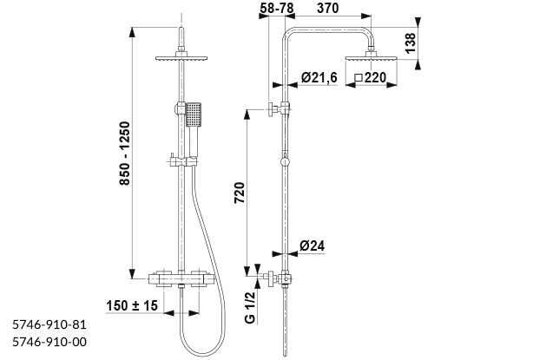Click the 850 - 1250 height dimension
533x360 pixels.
(125, 154)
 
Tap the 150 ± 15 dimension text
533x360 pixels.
(132, 305)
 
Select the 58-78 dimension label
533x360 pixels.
(276, 8)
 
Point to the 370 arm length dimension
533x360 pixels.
(327, 8)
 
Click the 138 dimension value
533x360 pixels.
(411, 43)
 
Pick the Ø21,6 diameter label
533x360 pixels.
(319, 77)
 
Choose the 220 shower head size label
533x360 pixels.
(375, 78)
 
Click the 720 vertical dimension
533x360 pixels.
(240, 193)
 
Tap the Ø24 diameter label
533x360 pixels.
(312, 245)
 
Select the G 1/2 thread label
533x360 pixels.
(250, 308)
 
